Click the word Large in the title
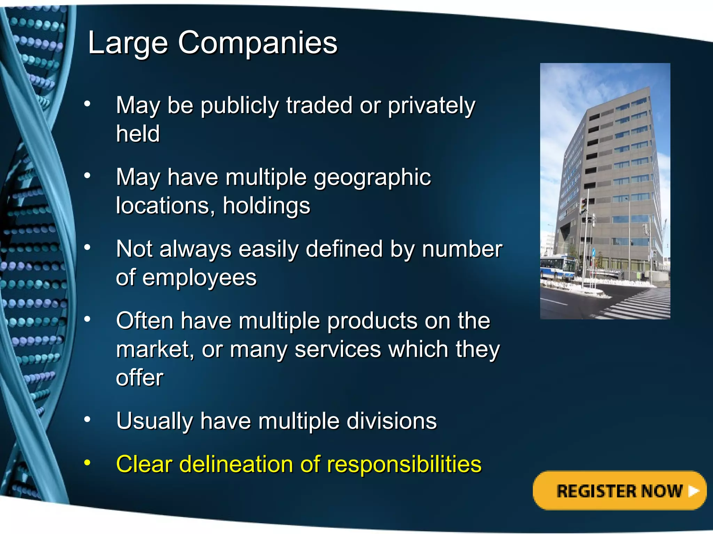click(x=128, y=43)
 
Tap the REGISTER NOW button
click(x=619, y=491)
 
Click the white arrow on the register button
click(x=693, y=491)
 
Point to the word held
click(x=138, y=133)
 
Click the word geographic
click(x=372, y=178)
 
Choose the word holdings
click(x=266, y=205)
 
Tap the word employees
click(x=199, y=278)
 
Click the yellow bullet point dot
click(x=87, y=463)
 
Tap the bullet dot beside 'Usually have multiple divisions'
click(x=87, y=420)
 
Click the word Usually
click(x=155, y=421)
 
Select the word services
click(x=338, y=349)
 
